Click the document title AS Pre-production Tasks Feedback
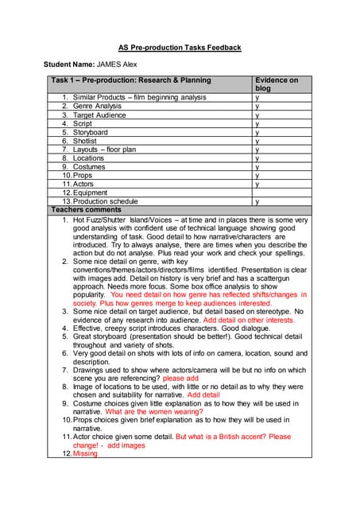point(180,48)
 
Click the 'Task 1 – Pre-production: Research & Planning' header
point(131,80)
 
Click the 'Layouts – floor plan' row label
point(104,150)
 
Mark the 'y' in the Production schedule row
point(257,202)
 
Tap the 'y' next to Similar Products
point(257,97)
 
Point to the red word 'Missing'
point(85,453)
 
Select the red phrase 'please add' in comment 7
point(180,379)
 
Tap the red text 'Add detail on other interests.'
point(249,320)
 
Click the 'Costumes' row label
point(89,167)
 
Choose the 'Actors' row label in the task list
point(83,185)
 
